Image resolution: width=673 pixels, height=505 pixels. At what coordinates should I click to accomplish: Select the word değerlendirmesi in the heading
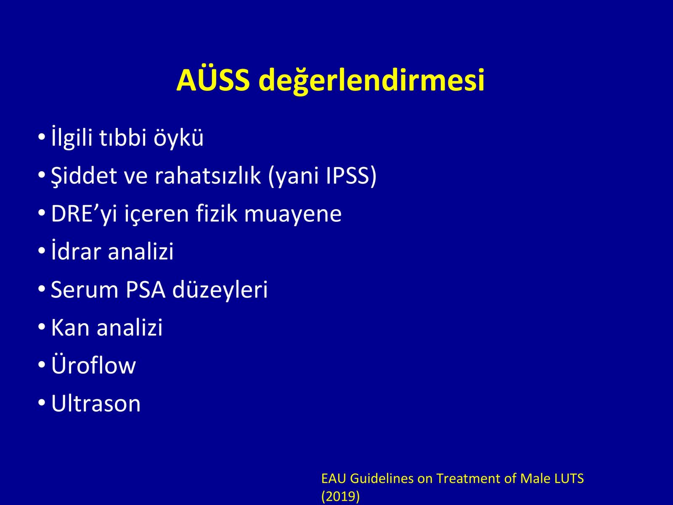[x=371, y=81]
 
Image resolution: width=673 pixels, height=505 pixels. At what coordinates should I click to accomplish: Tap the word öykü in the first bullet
[x=178, y=138]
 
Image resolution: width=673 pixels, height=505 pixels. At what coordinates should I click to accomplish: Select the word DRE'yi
[x=84, y=214]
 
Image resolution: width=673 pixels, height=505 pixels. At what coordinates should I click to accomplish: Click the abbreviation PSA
[x=146, y=289]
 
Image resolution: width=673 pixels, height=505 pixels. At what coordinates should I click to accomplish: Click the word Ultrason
[x=95, y=403]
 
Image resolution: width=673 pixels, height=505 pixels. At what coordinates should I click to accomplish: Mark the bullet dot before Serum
[x=42, y=289]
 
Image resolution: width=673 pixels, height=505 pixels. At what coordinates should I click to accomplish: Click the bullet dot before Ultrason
[x=42, y=403]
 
